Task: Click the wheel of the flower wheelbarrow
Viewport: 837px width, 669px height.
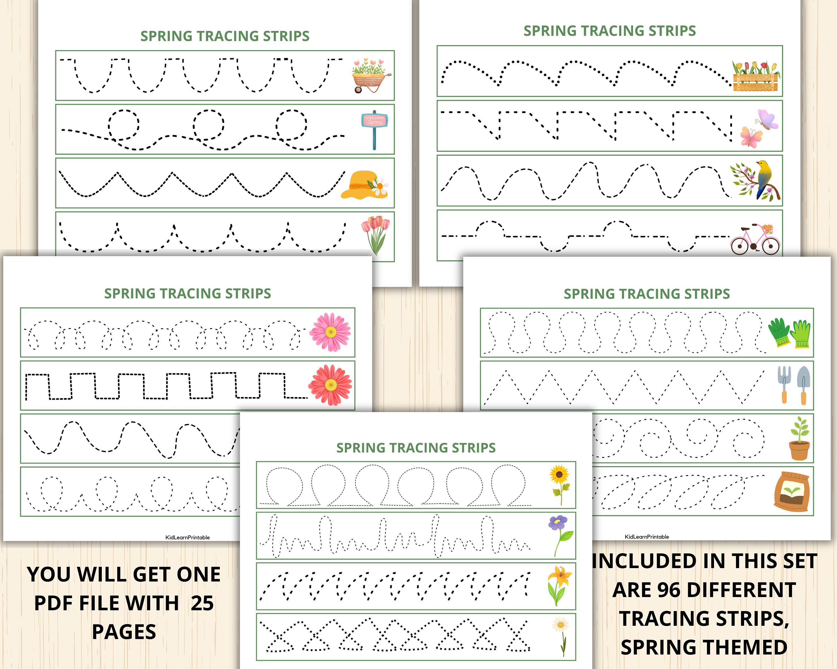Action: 358,89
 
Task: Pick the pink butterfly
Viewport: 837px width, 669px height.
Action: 751,137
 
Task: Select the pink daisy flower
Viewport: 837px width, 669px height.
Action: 330,332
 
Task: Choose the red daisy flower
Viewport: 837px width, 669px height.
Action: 330,385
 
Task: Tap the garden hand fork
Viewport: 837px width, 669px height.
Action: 784,384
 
